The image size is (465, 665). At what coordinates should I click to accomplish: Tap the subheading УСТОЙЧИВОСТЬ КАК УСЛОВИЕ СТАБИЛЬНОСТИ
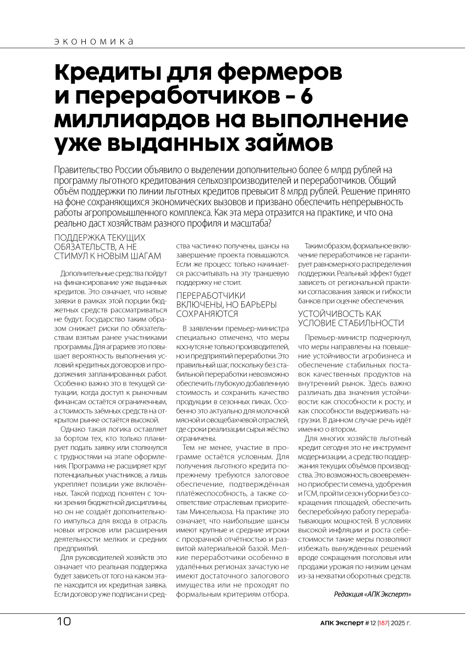click(x=351, y=318)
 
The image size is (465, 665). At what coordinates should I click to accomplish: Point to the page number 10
click(x=64, y=622)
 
